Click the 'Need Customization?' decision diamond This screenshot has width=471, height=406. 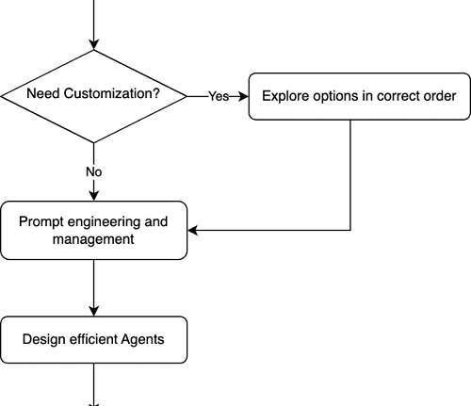click(94, 96)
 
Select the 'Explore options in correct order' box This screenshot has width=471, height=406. click(360, 96)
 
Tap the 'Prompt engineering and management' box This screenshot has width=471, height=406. click(94, 231)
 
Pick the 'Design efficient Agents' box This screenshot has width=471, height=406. click(94, 340)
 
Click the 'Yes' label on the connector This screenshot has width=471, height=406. click(219, 96)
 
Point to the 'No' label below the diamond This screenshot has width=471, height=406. click(94, 172)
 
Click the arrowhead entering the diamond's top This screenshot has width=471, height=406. click(94, 44)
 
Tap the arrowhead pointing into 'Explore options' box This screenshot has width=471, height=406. click(243, 96)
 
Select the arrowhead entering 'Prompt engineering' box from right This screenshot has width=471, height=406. click(193, 230)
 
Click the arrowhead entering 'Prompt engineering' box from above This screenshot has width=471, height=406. click(94, 196)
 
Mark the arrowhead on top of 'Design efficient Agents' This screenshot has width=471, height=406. click(94, 311)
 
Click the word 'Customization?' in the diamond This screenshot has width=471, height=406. click(112, 93)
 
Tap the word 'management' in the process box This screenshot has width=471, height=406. click(93, 239)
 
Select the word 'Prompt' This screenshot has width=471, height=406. click(41, 221)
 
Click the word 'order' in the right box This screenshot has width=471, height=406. click(440, 96)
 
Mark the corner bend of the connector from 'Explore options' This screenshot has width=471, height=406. click(350, 230)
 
